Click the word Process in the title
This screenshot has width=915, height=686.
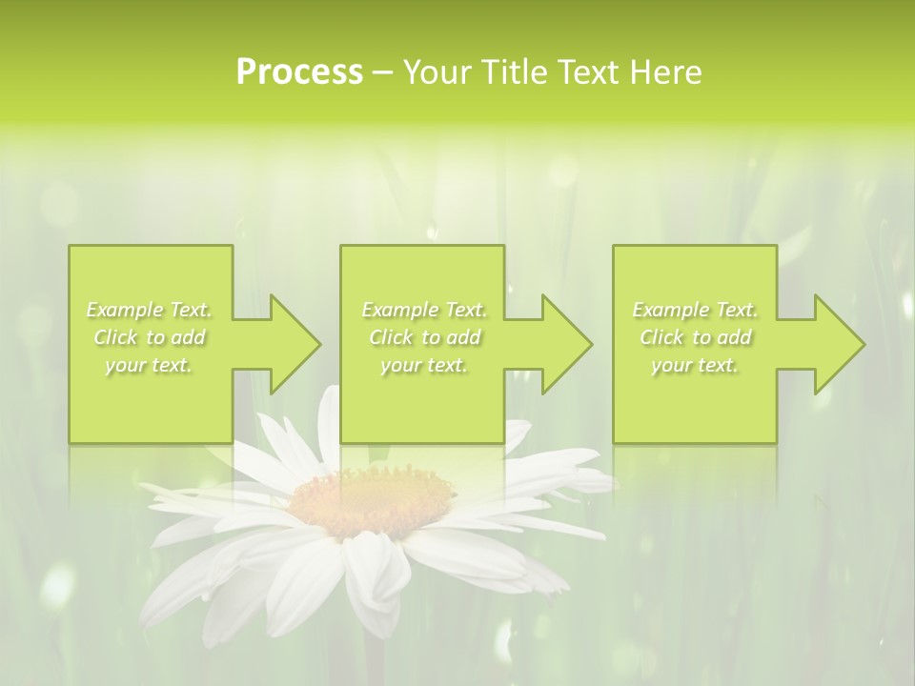coord(299,72)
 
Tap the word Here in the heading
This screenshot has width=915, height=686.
coord(665,72)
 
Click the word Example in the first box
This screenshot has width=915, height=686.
coord(124,310)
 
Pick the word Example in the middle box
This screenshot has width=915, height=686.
coord(399,310)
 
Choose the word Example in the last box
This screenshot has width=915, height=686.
coord(670,310)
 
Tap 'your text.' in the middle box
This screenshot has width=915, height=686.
coord(424,365)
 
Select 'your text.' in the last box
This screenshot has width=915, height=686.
coord(695,365)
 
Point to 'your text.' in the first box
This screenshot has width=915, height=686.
coord(149,365)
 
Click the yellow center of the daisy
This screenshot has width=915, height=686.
coord(372,494)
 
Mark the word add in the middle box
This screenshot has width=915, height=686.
coord(463,337)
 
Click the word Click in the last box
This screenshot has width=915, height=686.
coord(661,337)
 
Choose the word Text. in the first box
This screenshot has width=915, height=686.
coord(190,310)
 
